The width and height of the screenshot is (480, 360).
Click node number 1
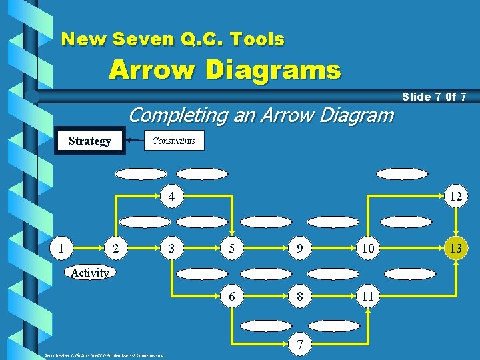pyautogui.click(x=62, y=249)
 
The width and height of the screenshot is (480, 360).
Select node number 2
pyautogui.click(x=117, y=249)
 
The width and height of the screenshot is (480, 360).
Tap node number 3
pyautogui.click(x=172, y=249)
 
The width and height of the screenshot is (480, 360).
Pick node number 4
pyautogui.click(x=172, y=197)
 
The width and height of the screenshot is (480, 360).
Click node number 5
pyautogui.click(x=231, y=249)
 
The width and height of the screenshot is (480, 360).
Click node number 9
pyautogui.click(x=302, y=249)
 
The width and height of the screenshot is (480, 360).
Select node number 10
pyautogui.click(x=367, y=249)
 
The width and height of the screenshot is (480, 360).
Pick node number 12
pyautogui.click(x=456, y=197)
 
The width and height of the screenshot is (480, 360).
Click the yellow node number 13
pyautogui.click(x=456, y=249)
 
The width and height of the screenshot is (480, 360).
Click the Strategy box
pyautogui.click(x=90, y=141)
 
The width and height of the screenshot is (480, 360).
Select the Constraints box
pyautogui.click(x=173, y=141)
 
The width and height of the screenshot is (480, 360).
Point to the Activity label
pyautogui.click(x=90, y=273)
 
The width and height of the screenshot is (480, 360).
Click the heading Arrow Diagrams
pyautogui.click(x=225, y=69)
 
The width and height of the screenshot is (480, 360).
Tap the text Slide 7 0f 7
pyautogui.click(x=434, y=97)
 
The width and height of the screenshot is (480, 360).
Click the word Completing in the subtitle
pyautogui.click(x=170, y=115)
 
